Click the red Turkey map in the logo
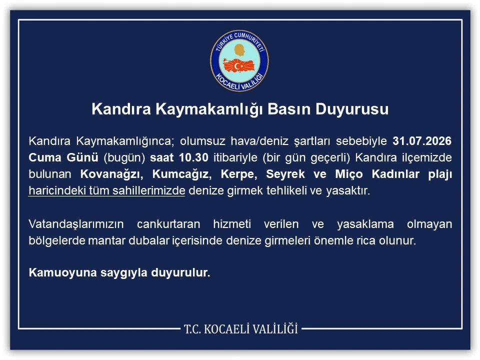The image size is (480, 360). point(239,65)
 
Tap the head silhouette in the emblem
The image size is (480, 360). point(239,50)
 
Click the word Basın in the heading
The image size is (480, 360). point(289,109)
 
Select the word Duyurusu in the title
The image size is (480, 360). point(352,109)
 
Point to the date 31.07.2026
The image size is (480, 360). point(422,141)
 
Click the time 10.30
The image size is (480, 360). point(194,157)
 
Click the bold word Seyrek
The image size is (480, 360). point(285,174)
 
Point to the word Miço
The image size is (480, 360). point(348,174)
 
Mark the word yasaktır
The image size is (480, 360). point(348,190)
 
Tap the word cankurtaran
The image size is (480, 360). point(168,224)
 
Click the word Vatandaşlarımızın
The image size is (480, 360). point(76,224)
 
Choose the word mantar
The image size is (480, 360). point(107,240)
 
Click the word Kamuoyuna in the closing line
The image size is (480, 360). point(62,272)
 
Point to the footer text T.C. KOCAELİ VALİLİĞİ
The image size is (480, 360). point(241,329)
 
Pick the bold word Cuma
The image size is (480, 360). point(45,157)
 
